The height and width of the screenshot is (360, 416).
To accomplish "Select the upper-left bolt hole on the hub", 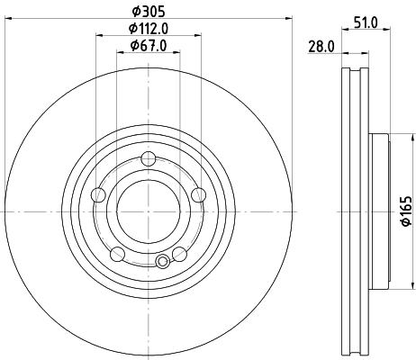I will pyautogui.click(x=101, y=193).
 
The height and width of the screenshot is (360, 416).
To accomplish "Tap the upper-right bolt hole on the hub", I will pyautogui.click(x=198, y=193).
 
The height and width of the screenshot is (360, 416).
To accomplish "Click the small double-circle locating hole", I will pyautogui.click(x=162, y=262).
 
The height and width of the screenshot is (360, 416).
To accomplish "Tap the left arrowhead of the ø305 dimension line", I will pyautogui.click(x=9, y=19).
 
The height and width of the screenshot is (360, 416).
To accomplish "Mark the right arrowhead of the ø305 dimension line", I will pyautogui.click(x=290, y=19).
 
